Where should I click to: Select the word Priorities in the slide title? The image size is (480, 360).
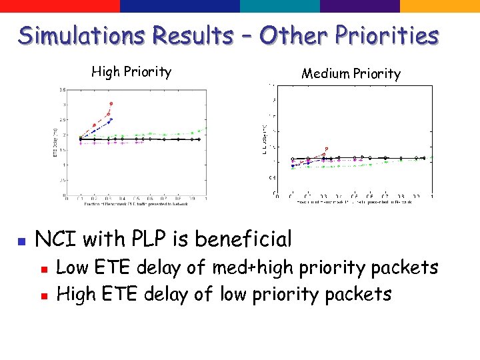point(387,35)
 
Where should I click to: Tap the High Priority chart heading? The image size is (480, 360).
point(131,71)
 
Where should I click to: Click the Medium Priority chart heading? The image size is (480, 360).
point(351,73)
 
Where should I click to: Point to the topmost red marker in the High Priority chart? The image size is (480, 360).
point(111,103)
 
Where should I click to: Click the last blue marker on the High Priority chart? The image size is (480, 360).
point(111,119)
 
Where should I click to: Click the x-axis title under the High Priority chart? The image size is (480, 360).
point(136,205)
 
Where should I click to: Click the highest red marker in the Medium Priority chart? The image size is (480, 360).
point(326,149)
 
